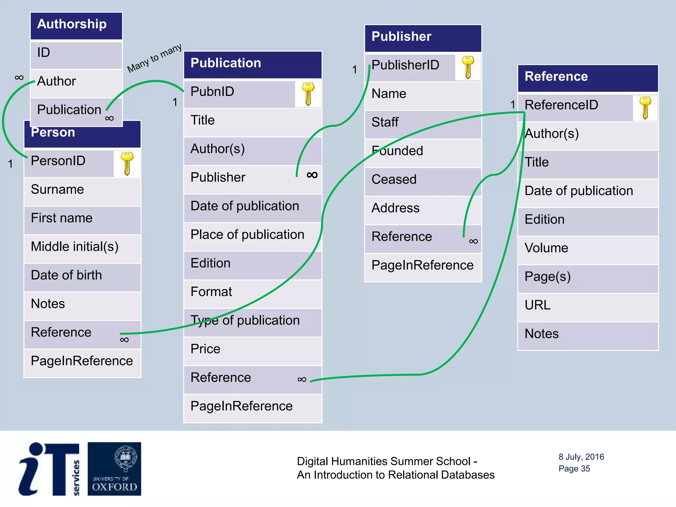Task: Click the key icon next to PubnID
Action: [x=308, y=94]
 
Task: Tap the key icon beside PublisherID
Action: [x=468, y=67]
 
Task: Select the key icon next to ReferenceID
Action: [x=645, y=108]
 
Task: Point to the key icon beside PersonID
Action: [x=127, y=163]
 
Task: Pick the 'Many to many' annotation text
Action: [x=154, y=58]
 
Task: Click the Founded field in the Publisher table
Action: [x=397, y=151]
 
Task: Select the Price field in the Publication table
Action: [x=205, y=349]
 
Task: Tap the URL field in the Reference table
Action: [x=538, y=305]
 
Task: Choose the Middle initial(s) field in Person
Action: [x=75, y=247]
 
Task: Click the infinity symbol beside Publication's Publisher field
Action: [x=312, y=175]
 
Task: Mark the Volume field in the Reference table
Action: [x=546, y=248]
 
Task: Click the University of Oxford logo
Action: [x=114, y=469]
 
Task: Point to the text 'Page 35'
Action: [x=574, y=469]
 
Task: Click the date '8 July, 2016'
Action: [x=581, y=457]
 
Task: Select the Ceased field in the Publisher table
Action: [x=394, y=180]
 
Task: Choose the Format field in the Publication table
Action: [x=211, y=292]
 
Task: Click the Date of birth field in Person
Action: [x=66, y=275]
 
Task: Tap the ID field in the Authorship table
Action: [x=44, y=52]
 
